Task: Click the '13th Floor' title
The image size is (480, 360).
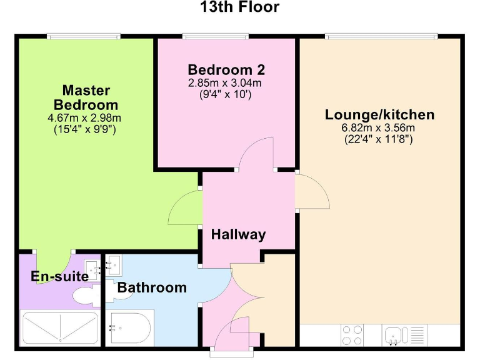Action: click(x=239, y=7)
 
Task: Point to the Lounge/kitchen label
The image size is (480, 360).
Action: click(x=379, y=115)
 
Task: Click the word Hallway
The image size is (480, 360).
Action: click(x=238, y=235)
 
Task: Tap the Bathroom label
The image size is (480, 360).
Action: click(x=152, y=287)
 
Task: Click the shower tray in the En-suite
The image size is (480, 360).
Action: click(x=60, y=327)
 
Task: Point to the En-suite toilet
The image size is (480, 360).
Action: click(x=84, y=294)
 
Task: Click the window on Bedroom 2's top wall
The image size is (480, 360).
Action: click(x=216, y=36)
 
